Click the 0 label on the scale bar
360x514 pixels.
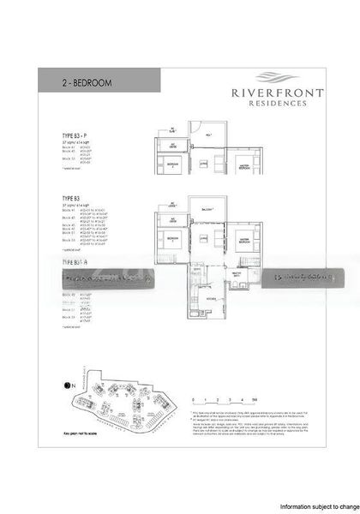[x=195, y=399]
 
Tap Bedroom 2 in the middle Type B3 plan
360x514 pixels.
[x=171, y=237]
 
